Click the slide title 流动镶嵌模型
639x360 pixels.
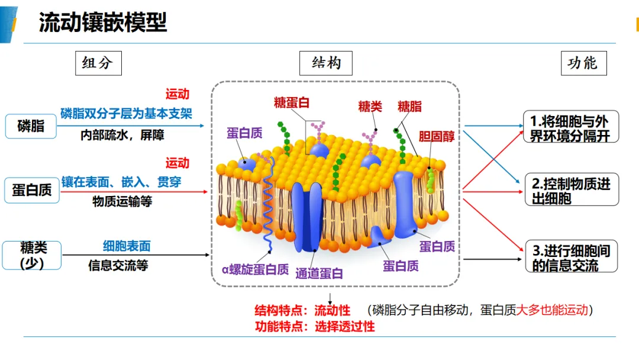[x=103, y=22]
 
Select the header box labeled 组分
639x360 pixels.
[x=98, y=63]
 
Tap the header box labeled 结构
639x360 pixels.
[x=325, y=63]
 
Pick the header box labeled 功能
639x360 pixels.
[x=583, y=63]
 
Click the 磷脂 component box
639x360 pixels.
[x=31, y=126]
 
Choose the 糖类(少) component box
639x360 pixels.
[x=32, y=255]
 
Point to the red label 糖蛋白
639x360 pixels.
[x=291, y=102]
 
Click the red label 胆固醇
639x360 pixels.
[x=437, y=136]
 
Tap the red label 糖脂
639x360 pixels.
[x=409, y=107]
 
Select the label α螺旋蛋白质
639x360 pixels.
[x=255, y=269]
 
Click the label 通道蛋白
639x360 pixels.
[x=319, y=274]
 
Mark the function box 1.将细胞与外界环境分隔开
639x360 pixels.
[x=571, y=126]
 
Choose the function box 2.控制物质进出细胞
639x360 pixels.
[x=572, y=189]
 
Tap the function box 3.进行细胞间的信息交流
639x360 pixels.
[x=572, y=256]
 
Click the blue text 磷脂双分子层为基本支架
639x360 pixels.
[x=126, y=113]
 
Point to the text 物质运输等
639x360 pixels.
[x=122, y=201]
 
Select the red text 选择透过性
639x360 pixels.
[x=345, y=326]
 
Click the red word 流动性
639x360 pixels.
[x=332, y=311]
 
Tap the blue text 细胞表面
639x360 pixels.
[x=127, y=246]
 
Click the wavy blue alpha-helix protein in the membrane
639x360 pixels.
[x=268, y=204]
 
